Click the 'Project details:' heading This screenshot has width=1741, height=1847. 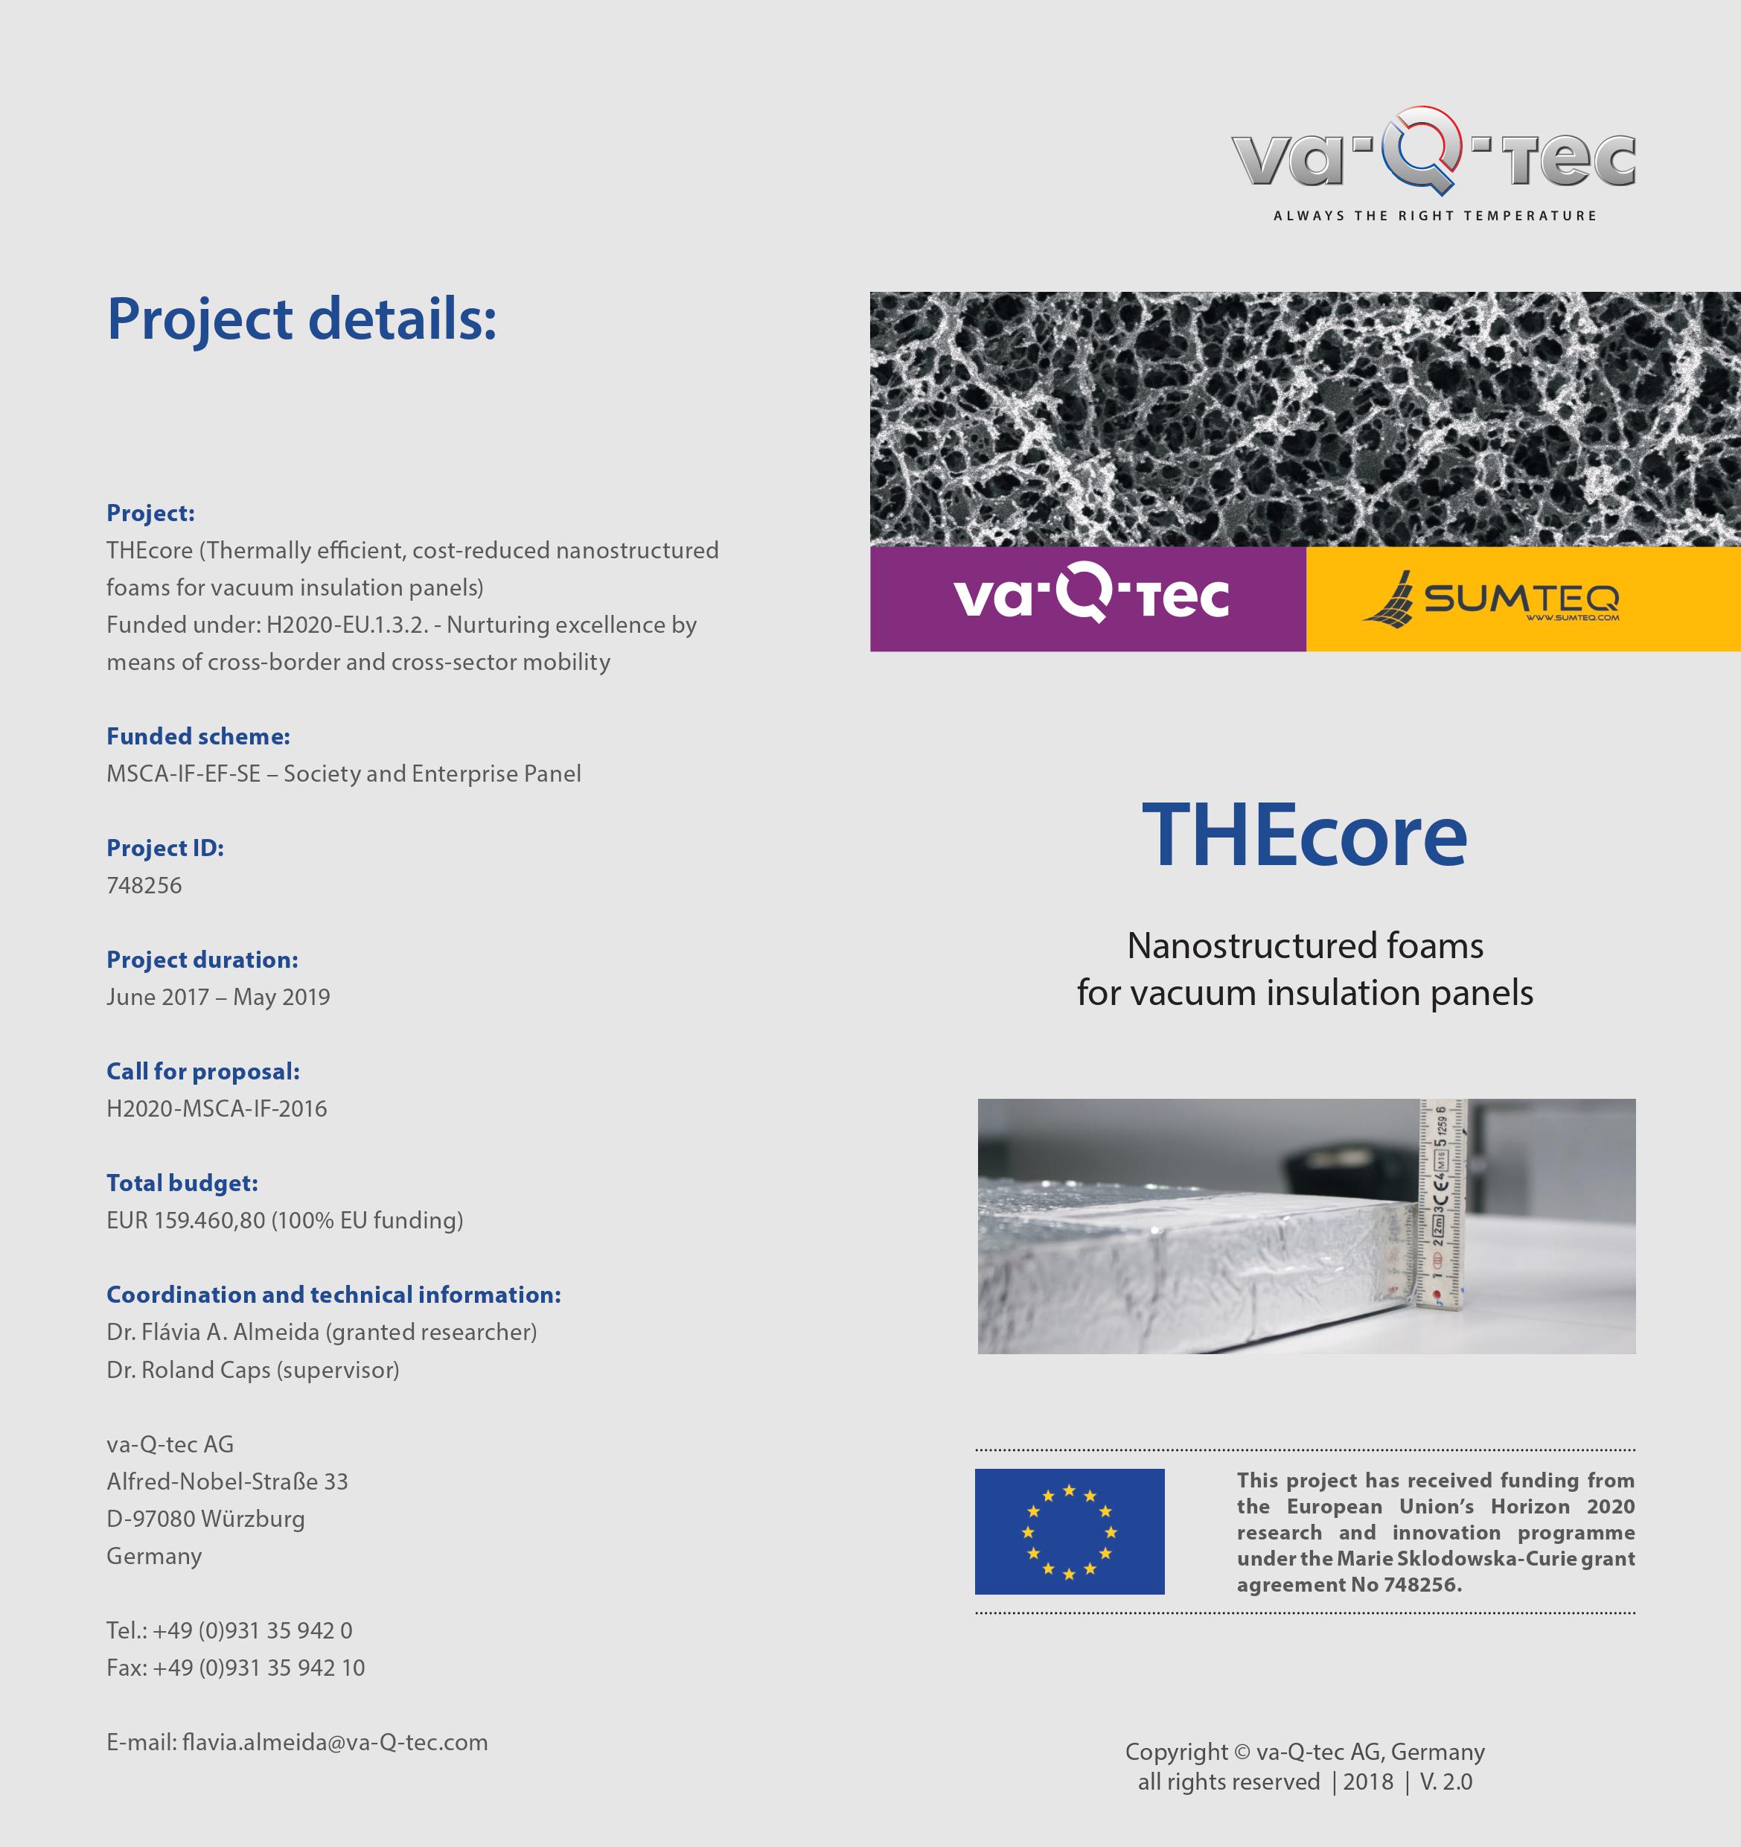[x=302, y=319]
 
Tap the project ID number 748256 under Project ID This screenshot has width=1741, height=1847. [x=144, y=885]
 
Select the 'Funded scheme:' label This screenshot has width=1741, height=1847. [x=198, y=737]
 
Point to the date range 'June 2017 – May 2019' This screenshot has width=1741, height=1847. [x=218, y=997]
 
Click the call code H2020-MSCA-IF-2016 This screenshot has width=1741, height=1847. [x=217, y=1108]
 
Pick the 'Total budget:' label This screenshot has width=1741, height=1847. [x=182, y=1183]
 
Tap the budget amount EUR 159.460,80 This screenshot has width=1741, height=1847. [x=186, y=1220]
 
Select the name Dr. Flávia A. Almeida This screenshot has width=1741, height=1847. [x=213, y=1333]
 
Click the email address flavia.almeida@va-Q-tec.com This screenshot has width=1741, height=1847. [x=334, y=1742]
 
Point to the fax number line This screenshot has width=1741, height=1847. [x=235, y=1668]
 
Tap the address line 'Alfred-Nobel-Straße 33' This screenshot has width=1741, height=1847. [x=227, y=1482]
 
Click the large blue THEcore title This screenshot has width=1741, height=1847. [x=1304, y=836]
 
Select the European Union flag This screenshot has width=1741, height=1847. [x=1070, y=1531]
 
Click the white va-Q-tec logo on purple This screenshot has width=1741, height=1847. [x=1090, y=597]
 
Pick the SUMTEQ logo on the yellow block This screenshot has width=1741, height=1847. [x=1491, y=599]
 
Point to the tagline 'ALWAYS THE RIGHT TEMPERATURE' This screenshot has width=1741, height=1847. [x=1434, y=216]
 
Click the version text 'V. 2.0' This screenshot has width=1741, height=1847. [x=1445, y=1781]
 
